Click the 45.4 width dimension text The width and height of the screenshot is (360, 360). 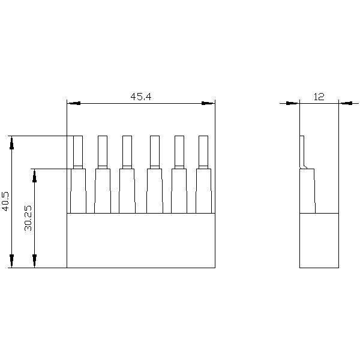click(141, 97)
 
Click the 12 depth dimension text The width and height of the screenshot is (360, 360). click(319, 97)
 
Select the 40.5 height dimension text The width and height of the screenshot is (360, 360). click(5, 201)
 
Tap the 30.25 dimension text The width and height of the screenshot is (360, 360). click(28, 218)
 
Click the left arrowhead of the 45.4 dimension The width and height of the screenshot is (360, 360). click(74, 103)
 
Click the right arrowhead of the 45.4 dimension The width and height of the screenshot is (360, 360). click(208, 103)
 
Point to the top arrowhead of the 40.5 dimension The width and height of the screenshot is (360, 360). click(12, 143)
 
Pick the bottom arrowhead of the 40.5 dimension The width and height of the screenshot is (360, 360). click(12, 261)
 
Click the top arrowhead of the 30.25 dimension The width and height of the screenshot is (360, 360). click(34, 176)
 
